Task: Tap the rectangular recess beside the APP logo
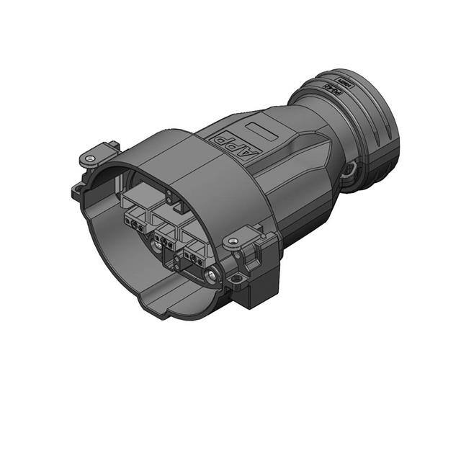(261, 133)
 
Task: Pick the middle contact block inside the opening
(168, 232)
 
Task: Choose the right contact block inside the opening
(196, 254)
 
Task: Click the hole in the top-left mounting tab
(90, 156)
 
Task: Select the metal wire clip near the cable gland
(351, 171)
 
